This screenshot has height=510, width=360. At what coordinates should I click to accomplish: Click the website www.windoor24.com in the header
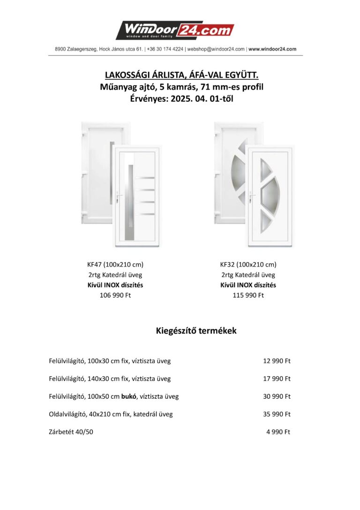[x=272, y=49]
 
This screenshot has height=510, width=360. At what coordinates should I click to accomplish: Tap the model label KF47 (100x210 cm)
[x=115, y=264]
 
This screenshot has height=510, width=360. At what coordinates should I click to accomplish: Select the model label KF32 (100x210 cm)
[x=248, y=264]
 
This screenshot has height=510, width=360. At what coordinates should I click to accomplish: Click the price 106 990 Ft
[x=115, y=295]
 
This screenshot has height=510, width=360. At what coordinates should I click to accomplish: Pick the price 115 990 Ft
[x=248, y=295]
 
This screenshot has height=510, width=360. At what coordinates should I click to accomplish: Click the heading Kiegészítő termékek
[x=196, y=331]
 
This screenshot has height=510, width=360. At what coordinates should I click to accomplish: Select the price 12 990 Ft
[x=277, y=361]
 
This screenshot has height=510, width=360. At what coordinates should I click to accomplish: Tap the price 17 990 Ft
[x=277, y=379]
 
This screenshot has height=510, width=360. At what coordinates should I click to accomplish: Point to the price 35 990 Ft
[x=277, y=414]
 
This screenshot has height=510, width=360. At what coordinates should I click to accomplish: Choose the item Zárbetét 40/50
[x=71, y=432]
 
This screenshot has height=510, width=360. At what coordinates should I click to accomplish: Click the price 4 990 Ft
[x=278, y=432]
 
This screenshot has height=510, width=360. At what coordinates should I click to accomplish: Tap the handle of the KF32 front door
[x=253, y=196]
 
